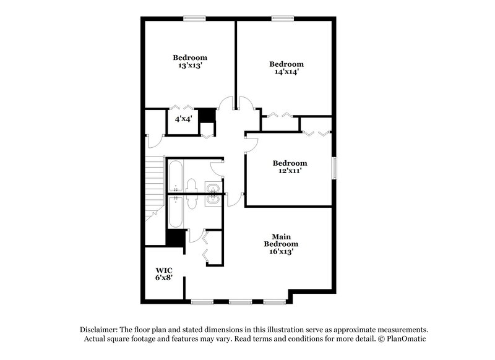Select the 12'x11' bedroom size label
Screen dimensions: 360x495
tap(290, 172)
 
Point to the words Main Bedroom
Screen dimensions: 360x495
tap(282, 240)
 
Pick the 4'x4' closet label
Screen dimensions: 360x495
tap(183, 118)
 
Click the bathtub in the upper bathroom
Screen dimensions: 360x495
tap(174, 178)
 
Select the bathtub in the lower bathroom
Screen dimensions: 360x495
tap(174, 212)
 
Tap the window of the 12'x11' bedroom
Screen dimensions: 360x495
tap(335, 169)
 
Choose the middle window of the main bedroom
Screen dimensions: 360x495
tap(238, 302)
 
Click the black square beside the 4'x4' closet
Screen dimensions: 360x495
tap(207, 116)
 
